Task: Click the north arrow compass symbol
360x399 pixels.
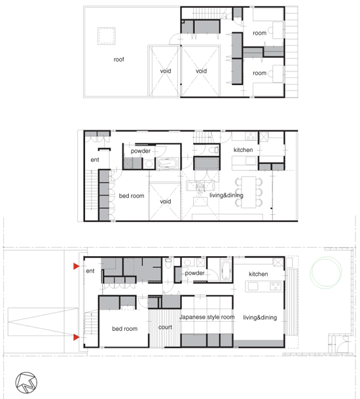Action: [26, 383]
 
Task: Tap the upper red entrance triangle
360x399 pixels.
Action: [77, 266]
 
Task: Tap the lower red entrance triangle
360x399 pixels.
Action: [77, 337]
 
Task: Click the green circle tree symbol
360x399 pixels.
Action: [326, 273]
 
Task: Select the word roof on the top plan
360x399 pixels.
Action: [118, 59]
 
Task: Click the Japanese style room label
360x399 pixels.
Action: [207, 317]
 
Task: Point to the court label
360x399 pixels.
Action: [165, 327]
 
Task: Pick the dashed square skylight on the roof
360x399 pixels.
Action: [107, 36]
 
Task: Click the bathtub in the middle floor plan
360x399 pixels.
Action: [168, 163]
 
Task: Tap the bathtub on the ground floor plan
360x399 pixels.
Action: [226, 270]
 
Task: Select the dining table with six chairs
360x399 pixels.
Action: [249, 192]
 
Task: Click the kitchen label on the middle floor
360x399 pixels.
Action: [243, 150]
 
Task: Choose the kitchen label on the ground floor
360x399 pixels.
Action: [259, 274]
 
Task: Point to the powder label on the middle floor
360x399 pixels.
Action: [141, 151]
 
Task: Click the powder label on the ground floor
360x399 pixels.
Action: [194, 273]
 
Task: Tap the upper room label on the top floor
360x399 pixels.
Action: [260, 33]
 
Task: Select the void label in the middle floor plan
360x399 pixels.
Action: [166, 202]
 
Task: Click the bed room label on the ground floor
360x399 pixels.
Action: [125, 329]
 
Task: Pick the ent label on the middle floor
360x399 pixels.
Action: [95, 160]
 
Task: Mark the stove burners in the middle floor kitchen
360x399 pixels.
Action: [251, 136]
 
